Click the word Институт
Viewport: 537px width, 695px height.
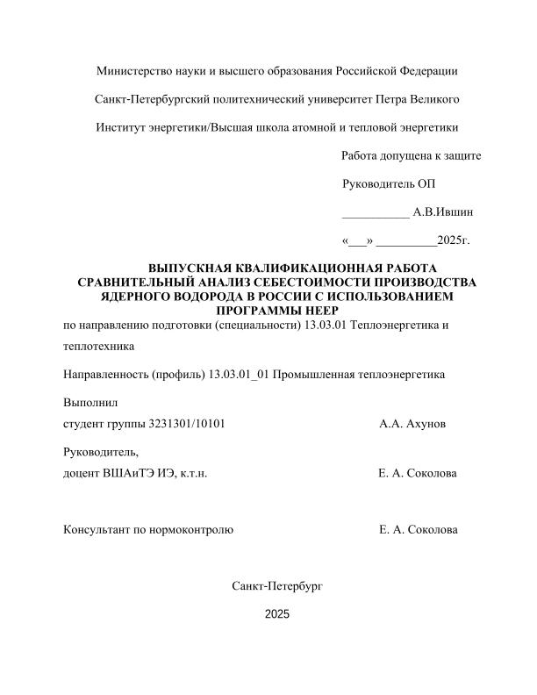click(x=121, y=126)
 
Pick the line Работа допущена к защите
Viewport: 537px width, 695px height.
click(x=411, y=155)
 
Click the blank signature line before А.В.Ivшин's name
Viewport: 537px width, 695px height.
click(x=375, y=213)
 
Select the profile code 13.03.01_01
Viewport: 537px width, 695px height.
click(x=240, y=374)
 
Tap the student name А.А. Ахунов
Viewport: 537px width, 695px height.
click(x=412, y=424)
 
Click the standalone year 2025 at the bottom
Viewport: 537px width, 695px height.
click(x=276, y=614)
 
